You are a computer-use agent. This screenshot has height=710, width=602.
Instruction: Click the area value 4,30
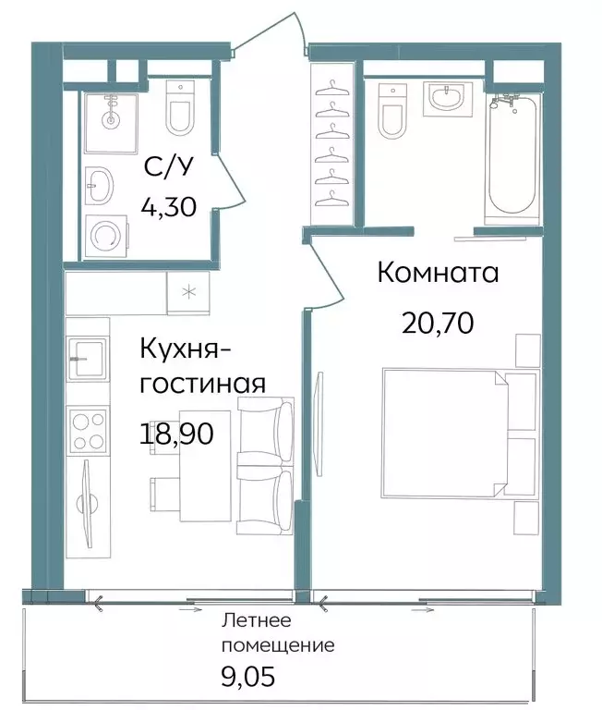[168, 205]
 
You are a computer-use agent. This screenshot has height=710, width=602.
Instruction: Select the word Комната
[438, 273]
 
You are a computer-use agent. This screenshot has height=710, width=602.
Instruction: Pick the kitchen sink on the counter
[89, 357]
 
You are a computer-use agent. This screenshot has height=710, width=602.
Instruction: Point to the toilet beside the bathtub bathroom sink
[392, 110]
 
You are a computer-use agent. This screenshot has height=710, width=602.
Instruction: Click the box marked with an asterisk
[188, 293]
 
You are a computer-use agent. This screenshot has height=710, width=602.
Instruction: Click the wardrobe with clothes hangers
[330, 144]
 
